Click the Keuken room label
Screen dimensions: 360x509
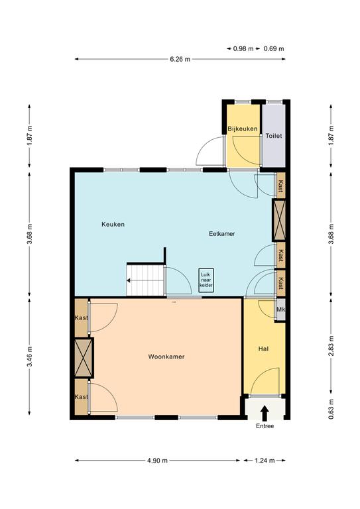pyautogui.click(x=113, y=224)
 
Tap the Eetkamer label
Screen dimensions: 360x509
pyautogui.click(x=222, y=234)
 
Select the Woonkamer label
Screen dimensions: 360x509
pyautogui.click(x=166, y=357)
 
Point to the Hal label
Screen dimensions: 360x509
pyautogui.click(x=264, y=349)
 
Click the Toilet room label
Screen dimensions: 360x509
pyautogui.click(x=274, y=136)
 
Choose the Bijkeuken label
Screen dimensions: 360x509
pyautogui.click(x=243, y=129)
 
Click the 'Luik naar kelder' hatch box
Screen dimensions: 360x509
pyautogui.click(x=206, y=280)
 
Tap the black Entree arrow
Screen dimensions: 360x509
pyautogui.click(x=265, y=413)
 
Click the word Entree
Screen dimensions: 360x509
pyautogui.click(x=265, y=426)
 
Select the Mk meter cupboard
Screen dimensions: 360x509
pyautogui.click(x=280, y=310)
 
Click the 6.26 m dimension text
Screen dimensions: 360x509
pyautogui.click(x=180, y=59)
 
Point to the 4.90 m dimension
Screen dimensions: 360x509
pyautogui.click(x=157, y=461)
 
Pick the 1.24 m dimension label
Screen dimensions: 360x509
pyautogui.click(x=265, y=461)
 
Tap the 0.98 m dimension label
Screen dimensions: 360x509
pyautogui.click(x=243, y=48)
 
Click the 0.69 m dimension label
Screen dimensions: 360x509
pyautogui.click(x=274, y=48)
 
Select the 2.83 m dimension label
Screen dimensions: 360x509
pyautogui.click(x=331, y=345)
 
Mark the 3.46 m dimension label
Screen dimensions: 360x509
pyautogui.click(x=29, y=356)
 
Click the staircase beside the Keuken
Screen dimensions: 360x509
pyautogui.click(x=145, y=280)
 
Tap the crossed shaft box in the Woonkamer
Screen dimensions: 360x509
pyautogui.click(x=84, y=358)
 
